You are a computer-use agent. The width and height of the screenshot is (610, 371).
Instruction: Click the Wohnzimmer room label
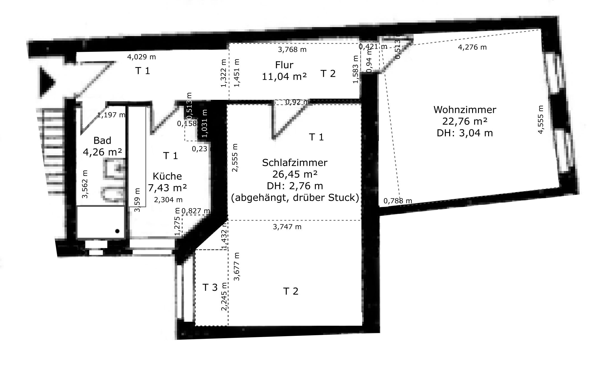click(465, 110)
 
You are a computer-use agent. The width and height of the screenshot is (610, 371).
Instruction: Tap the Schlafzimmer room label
click(295, 162)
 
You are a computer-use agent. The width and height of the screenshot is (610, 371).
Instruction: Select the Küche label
click(167, 176)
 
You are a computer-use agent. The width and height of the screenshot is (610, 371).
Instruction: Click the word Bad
click(102, 140)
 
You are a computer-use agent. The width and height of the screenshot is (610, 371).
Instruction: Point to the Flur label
click(284, 65)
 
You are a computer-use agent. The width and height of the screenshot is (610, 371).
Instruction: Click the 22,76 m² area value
click(465, 121)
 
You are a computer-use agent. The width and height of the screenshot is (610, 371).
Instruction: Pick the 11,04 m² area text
click(284, 77)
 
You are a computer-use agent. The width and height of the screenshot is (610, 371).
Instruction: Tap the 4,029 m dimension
click(141, 57)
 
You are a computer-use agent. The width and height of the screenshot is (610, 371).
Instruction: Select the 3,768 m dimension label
click(292, 49)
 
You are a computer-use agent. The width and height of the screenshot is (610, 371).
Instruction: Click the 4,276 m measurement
click(472, 47)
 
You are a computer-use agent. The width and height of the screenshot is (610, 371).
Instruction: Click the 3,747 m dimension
click(287, 227)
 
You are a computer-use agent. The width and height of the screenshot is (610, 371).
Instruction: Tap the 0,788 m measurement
click(398, 201)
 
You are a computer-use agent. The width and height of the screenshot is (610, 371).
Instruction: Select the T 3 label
click(210, 288)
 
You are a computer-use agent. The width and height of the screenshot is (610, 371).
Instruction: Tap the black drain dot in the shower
click(117, 231)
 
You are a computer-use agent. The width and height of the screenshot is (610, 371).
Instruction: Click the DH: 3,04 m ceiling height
click(465, 133)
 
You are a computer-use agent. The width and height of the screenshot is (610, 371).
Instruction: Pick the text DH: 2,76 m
click(295, 186)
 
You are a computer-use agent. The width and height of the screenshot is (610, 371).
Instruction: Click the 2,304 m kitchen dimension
click(168, 200)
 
